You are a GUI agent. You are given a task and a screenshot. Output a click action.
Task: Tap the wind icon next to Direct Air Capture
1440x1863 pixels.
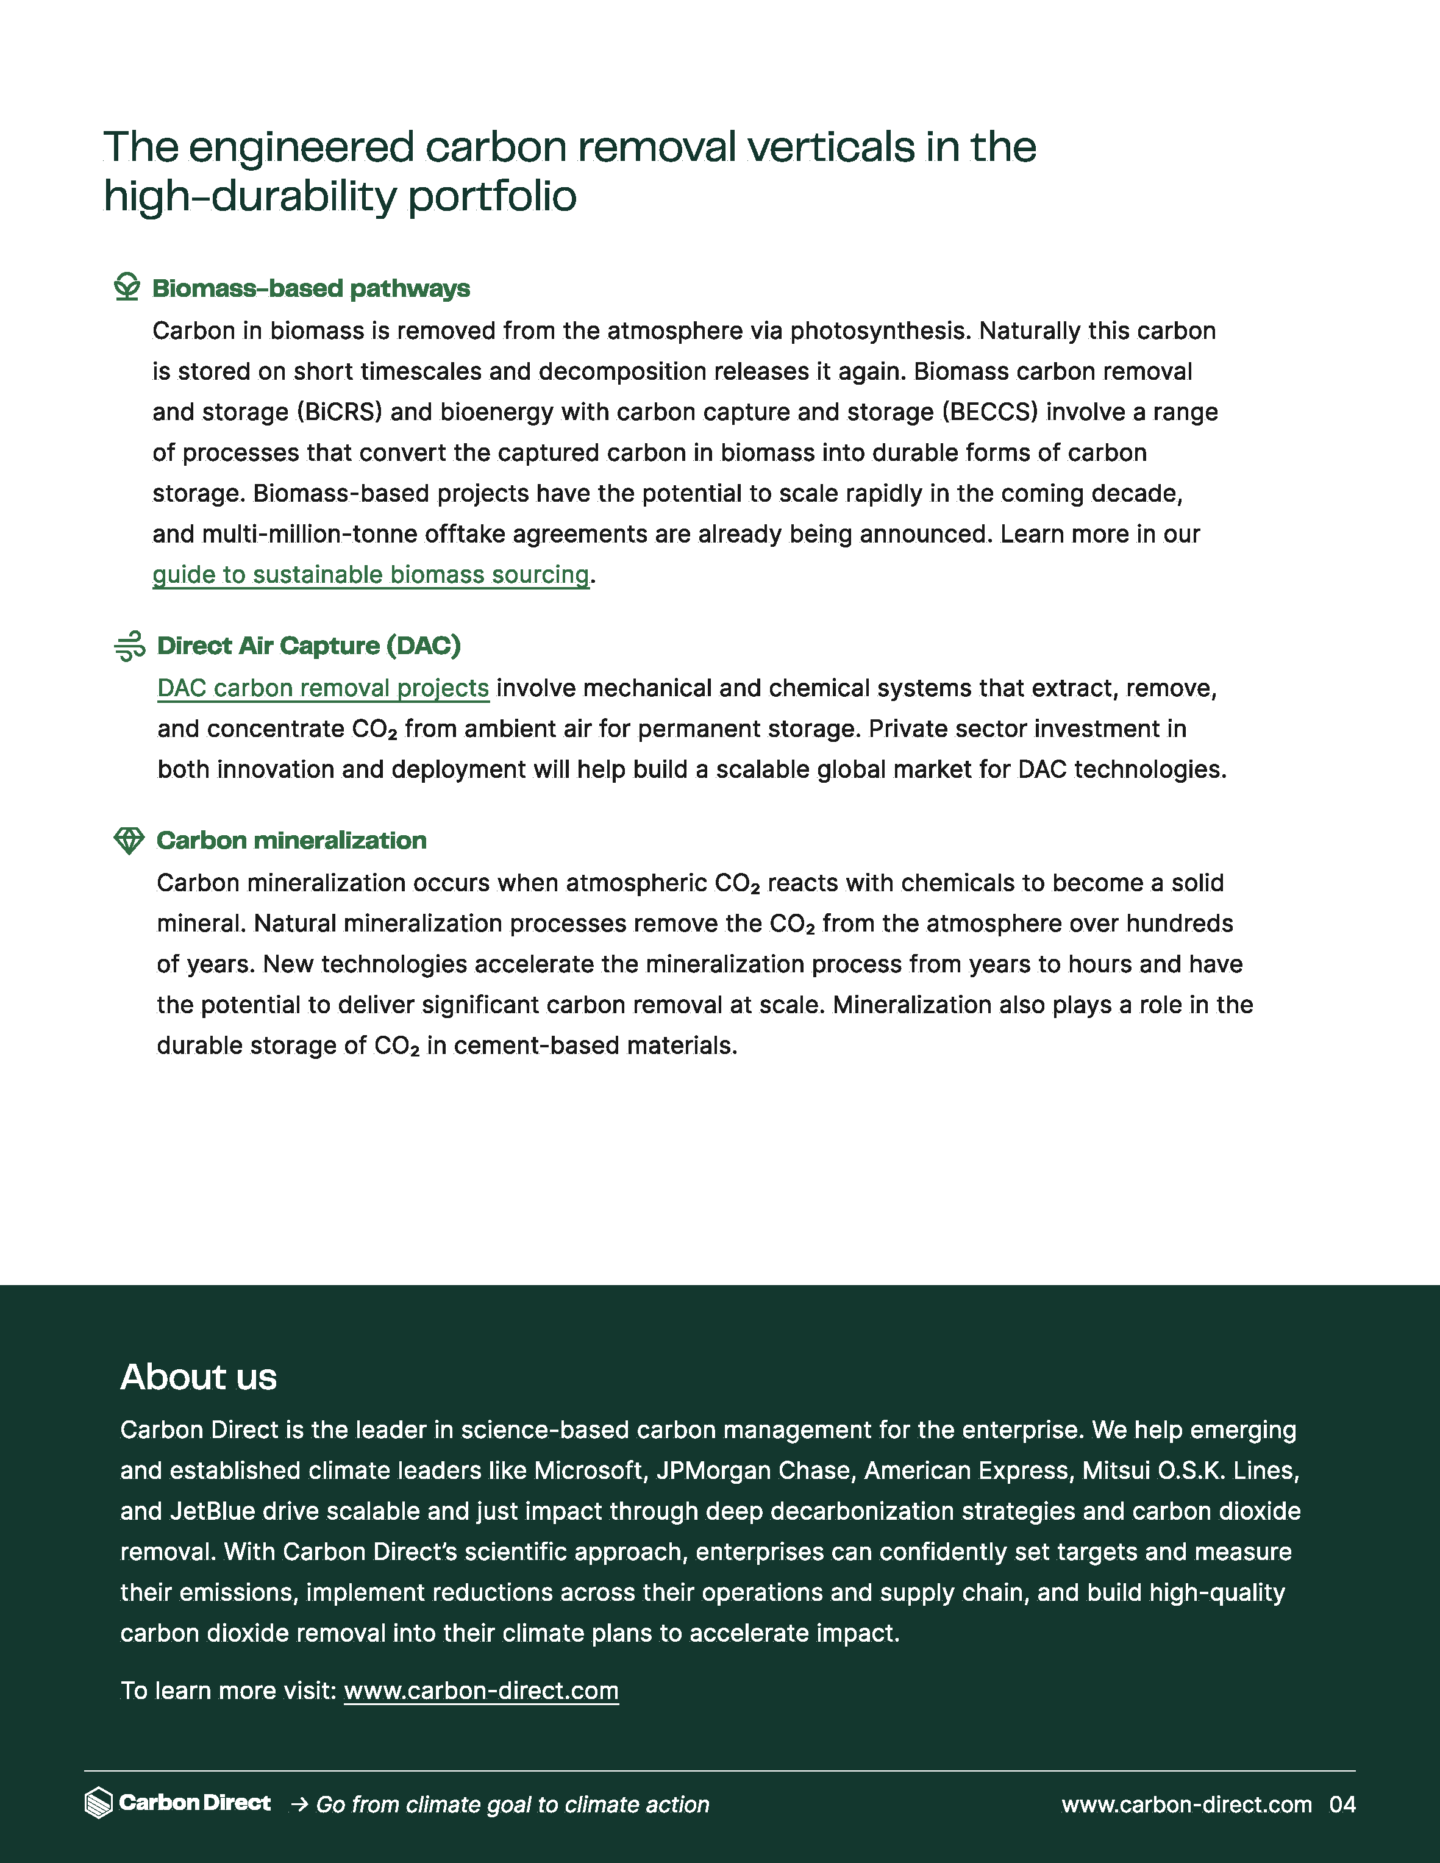(130, 646)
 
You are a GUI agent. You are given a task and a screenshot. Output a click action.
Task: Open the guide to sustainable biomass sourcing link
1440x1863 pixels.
(370, 575)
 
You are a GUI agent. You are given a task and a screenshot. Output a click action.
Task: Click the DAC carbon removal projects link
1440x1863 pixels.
(323, 688)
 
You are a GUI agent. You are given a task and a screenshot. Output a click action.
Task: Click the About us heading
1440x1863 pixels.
(199, 1377)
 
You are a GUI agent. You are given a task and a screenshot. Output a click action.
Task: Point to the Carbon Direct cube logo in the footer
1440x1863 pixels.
(99, 1803)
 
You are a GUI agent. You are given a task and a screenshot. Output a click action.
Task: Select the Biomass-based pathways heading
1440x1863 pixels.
(310, 288)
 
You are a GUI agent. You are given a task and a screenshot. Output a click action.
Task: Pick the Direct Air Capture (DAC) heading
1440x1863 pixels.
(309, 646)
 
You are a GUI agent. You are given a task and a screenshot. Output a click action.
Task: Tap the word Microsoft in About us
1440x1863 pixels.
(589, 1470)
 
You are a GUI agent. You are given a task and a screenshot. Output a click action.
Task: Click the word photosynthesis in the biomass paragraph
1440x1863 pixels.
(880, 331)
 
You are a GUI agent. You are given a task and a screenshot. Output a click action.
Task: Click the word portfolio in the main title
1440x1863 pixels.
(491, 196)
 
